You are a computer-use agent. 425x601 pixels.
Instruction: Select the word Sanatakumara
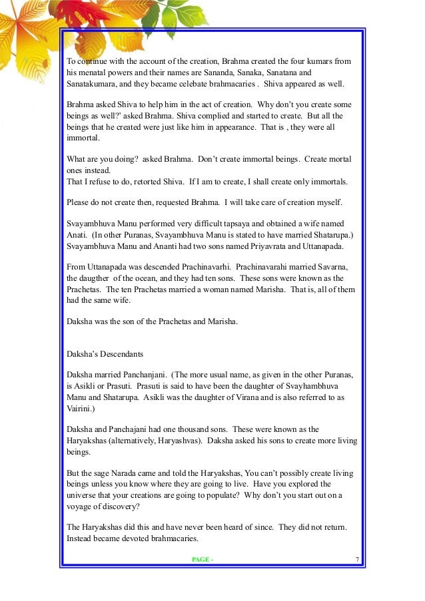click(91, 85)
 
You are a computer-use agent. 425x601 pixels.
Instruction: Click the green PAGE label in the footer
click(201, 559)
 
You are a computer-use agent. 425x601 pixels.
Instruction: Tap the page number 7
click(358, 558)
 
